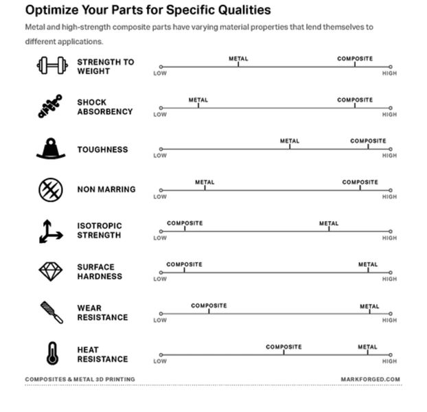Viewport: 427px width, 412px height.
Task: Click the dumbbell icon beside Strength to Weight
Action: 51,66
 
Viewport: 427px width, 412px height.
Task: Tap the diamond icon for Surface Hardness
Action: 50,272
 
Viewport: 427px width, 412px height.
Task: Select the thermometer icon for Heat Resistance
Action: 51,353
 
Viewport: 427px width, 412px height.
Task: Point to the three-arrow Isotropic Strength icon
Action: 50,231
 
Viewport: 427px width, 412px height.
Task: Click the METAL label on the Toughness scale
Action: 290,141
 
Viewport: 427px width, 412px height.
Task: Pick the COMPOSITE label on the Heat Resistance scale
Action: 284,347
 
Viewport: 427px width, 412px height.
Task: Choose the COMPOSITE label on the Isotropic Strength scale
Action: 185,223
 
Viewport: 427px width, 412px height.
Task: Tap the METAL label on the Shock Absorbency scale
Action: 198,100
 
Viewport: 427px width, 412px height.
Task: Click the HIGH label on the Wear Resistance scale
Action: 389,320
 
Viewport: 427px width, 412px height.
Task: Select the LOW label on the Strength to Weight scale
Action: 160,73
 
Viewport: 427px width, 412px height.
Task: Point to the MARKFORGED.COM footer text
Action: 370,379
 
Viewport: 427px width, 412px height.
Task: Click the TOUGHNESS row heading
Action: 102,150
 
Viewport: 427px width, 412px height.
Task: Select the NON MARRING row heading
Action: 106,190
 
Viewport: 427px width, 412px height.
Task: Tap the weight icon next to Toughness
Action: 51,148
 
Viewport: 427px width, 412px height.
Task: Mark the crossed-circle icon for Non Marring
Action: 50,189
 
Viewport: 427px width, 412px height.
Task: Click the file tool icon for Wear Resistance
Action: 51,312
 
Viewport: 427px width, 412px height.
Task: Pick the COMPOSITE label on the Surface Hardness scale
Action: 184,264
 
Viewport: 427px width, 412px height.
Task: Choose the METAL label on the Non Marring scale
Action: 205,183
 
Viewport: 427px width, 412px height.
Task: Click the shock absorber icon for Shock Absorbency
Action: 50,106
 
